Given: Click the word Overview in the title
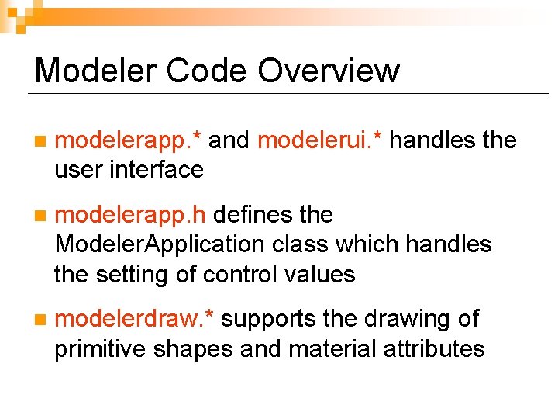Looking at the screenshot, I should [x=329, y=71].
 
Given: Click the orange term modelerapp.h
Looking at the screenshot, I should [x=133, y=215].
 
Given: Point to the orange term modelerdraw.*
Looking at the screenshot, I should [x=136, y=319].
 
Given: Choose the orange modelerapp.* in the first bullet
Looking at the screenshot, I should [x=129, y=140].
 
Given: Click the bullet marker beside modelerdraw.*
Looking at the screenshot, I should [x=40, y=320].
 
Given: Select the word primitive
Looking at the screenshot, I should [x=102, y=349].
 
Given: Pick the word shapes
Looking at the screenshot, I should [x=195, y=349].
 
